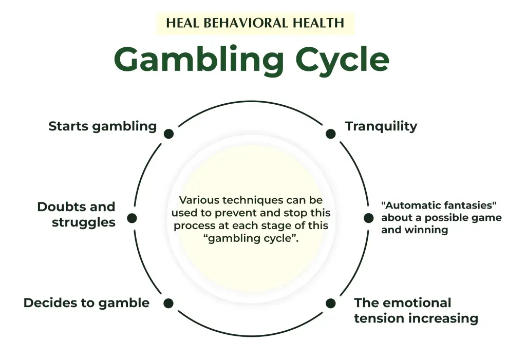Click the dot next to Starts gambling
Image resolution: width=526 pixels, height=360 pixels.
pyautogui.click(x=168, y=134)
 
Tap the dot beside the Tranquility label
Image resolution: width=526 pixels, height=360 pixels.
pyautogui.click(x=331, y=134)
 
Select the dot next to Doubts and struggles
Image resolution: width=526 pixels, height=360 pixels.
pyautogui.click(x=132, y=218)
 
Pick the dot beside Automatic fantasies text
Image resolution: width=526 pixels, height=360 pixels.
pyautogui.click(x=368, y=218)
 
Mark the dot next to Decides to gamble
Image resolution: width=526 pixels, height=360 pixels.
pyautogui.click(x=168, y=303)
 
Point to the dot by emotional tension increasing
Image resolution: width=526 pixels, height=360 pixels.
pyautogui.click(x=331, y=303)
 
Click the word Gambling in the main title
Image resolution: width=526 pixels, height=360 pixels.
pyautogui.click(x=198, y=60)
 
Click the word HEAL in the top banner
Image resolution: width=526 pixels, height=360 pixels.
pyautogui.click(x=183, y=23)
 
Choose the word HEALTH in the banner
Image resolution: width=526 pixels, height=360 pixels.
pyautogui.click(x=318, y=23)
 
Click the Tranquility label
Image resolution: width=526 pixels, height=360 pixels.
pyautogui.click(x=381, y=126)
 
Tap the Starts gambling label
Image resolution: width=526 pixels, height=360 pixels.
pyautogui.click(x=102, y=126)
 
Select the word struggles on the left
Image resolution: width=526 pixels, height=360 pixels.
pyautogui.click(x=84, y=222)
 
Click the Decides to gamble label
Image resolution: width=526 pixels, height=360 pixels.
pyautogui.click(x=86, y=303)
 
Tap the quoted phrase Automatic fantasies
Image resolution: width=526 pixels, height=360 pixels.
pyautogui.click(x=439, y=205)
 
